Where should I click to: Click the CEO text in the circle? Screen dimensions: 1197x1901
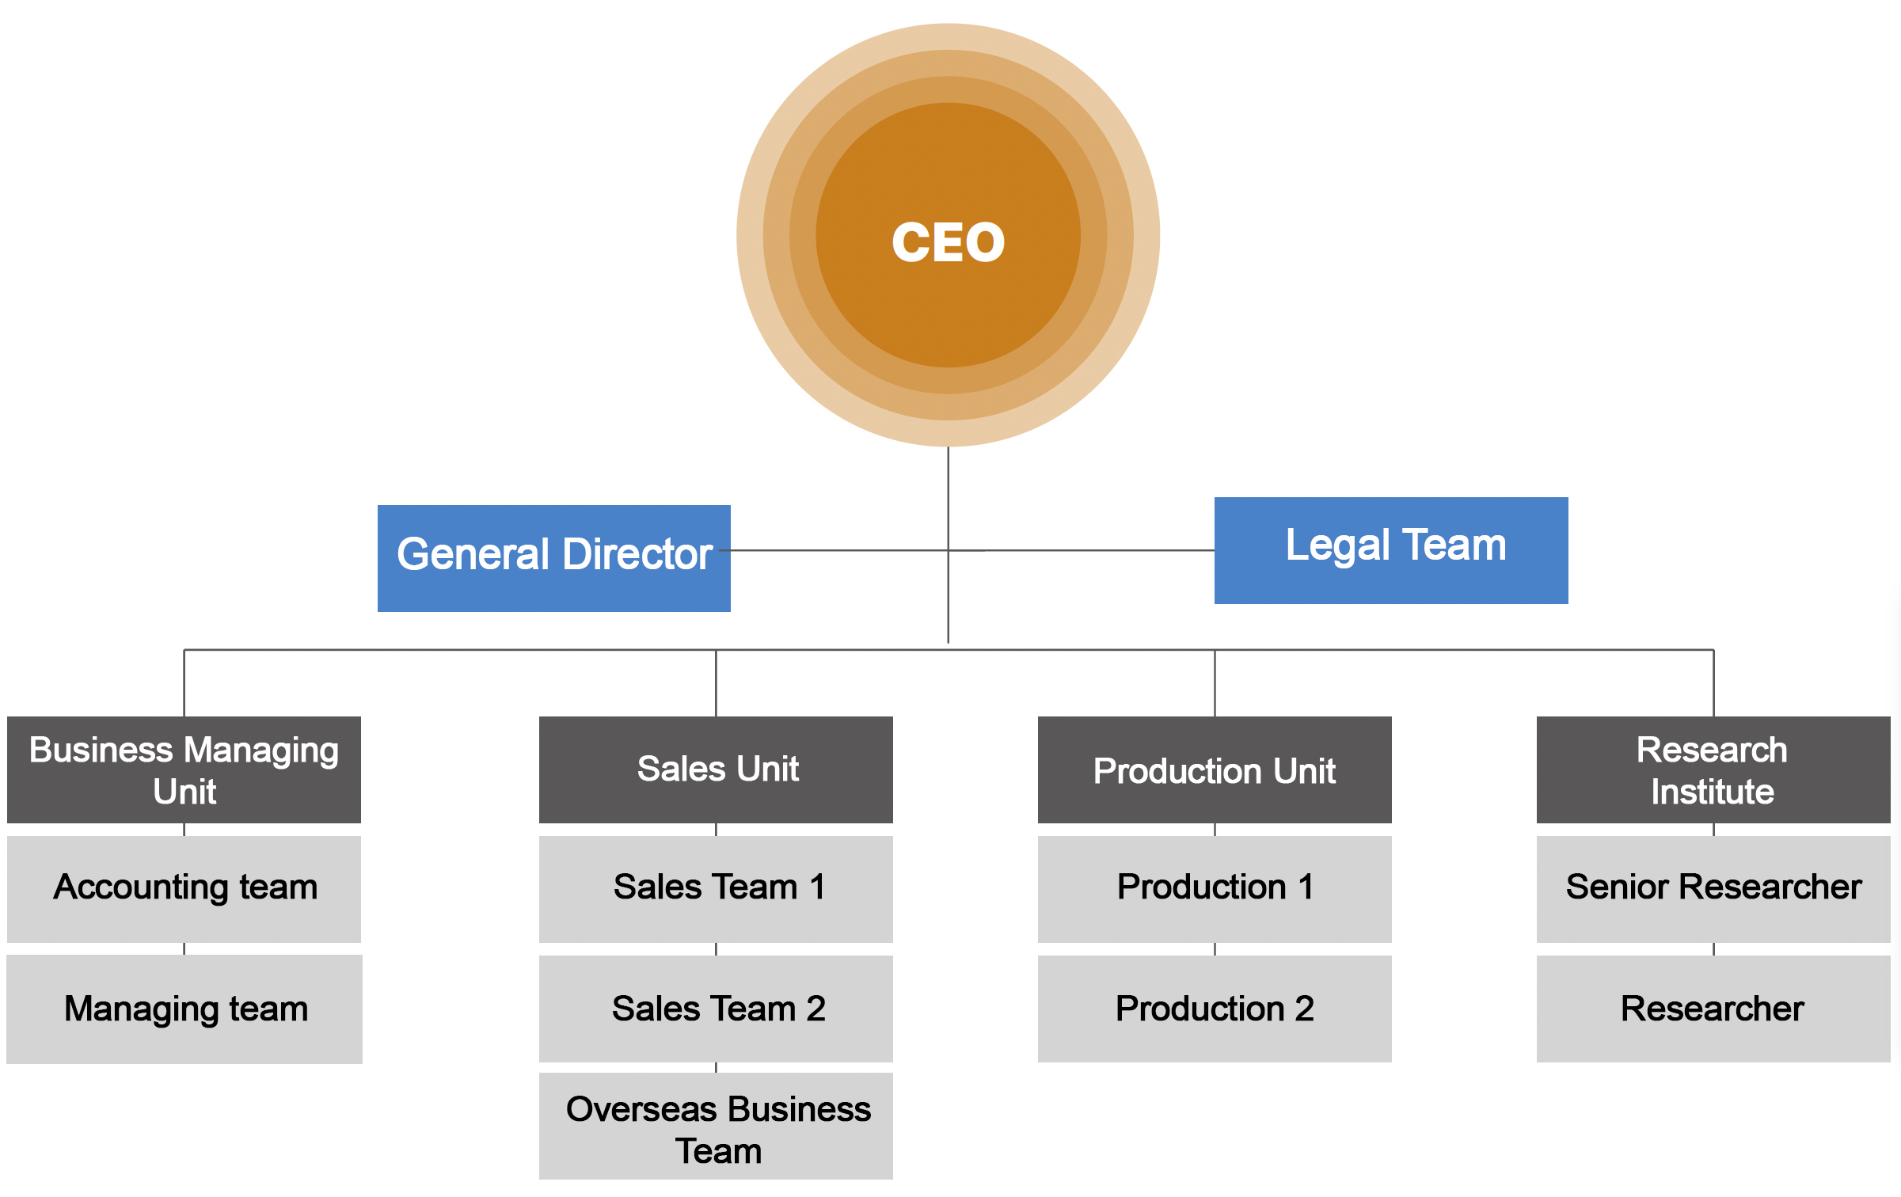tap(948, 241)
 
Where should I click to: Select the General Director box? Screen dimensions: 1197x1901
tap(553, 558)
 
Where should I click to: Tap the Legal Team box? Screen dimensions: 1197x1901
tap(1390, 550)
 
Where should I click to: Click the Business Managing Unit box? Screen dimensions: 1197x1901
tap(184, 769)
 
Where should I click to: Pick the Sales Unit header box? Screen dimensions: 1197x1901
tap(716, 769)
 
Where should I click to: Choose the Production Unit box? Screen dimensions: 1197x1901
tap(1214, 769)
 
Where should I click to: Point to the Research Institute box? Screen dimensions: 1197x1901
tap(1713, 769)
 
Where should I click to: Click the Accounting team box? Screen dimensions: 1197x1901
tap(184, 888)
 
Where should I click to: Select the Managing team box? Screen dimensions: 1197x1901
tap(184, 1009)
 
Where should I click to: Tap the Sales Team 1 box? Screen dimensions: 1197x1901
tap(716, 888)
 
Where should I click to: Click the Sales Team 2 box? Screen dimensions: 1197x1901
tap(716, 1009)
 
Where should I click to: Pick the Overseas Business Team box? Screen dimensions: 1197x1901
tap(716, 1126)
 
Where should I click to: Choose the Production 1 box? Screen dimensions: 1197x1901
tap(1214, 888)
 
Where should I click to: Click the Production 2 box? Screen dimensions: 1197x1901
tap(1214, 1009)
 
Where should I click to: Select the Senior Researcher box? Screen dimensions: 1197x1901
tap(1713, 888)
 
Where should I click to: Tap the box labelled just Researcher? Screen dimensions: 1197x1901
tap(1713, 1009)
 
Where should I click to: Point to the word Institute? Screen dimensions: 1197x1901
tap(1712, 792)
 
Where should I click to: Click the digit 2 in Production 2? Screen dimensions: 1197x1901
tap(1304, 1009)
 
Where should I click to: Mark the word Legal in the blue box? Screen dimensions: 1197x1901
tap(1337, 545)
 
